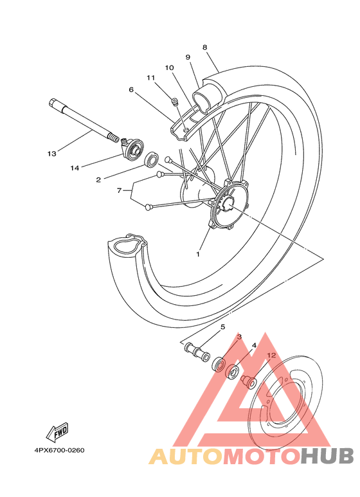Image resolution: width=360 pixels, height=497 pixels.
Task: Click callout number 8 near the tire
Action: tap(204, 47)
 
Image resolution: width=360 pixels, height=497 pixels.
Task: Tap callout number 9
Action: tap(188, 57)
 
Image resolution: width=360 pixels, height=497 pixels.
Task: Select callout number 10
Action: tap(169, 68)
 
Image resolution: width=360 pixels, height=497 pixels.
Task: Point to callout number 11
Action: tap(151, 78)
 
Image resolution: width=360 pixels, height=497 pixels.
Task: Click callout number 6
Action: tap(131, 90)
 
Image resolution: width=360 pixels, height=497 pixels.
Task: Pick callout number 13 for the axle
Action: tap(52, 154)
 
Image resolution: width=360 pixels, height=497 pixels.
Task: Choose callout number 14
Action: tap(75, 168)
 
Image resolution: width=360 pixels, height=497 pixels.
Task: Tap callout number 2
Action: tap(98, 180)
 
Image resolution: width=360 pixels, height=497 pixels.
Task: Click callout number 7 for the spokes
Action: tap(119, 191)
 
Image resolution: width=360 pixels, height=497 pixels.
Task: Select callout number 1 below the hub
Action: tap(198, 254)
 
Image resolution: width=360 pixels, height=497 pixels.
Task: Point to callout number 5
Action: tap(223, 327)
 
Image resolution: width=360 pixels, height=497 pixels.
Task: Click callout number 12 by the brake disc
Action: tap(271, 354)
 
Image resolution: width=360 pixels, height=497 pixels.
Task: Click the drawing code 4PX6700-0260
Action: tap(55, 450)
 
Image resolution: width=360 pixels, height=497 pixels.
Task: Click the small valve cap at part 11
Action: tap(174, 100)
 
